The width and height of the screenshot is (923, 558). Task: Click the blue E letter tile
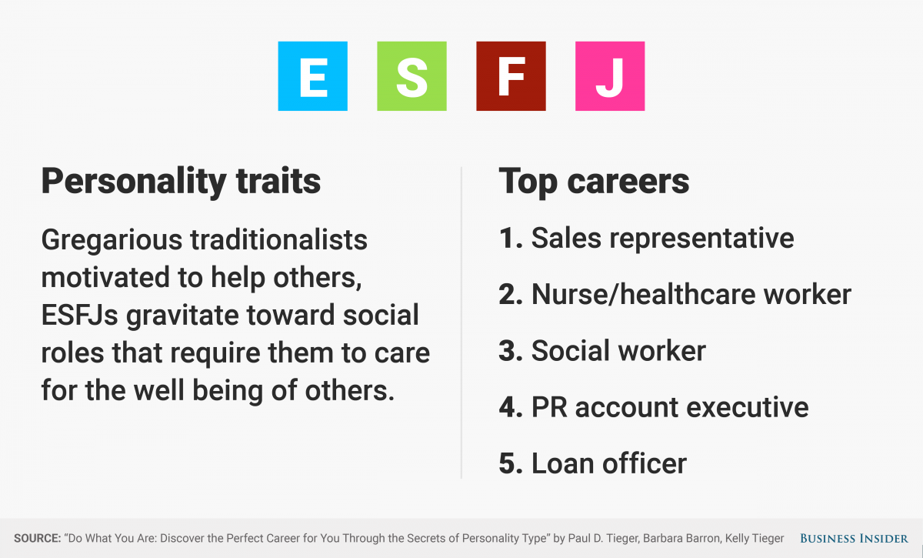pyautogui.click(x=313, y=76)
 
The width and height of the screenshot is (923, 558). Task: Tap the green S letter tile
pyautogui.click(x=412, y=76)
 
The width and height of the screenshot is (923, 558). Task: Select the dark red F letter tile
pyautogui.click(x=511, y=76)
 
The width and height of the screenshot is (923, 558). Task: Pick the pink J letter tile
pyautogui.click(x=610, y=76)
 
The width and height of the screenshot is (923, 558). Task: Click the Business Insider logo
pyautogui.click(x=854, y=539)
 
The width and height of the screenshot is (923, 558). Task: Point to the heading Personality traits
pyautogui.click(x=181, y=182)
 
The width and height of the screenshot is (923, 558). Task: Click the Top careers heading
pyautogui.click(x=594, y=182)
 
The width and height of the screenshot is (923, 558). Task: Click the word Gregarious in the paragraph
pyautogui.click(x=112, y=241)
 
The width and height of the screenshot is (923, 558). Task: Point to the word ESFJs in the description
pyautogui.click(x=79, y=316)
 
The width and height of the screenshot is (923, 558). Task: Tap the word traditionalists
pyautogui.click(x=278, y=239)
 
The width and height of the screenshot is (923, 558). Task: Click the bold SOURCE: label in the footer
pyautogui.click(x=38, y=539)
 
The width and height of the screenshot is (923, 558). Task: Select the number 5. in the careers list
pyautogui.click(x=511, y=463)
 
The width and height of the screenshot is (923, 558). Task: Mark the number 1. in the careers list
pyautogui.click(x=511, y=239)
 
